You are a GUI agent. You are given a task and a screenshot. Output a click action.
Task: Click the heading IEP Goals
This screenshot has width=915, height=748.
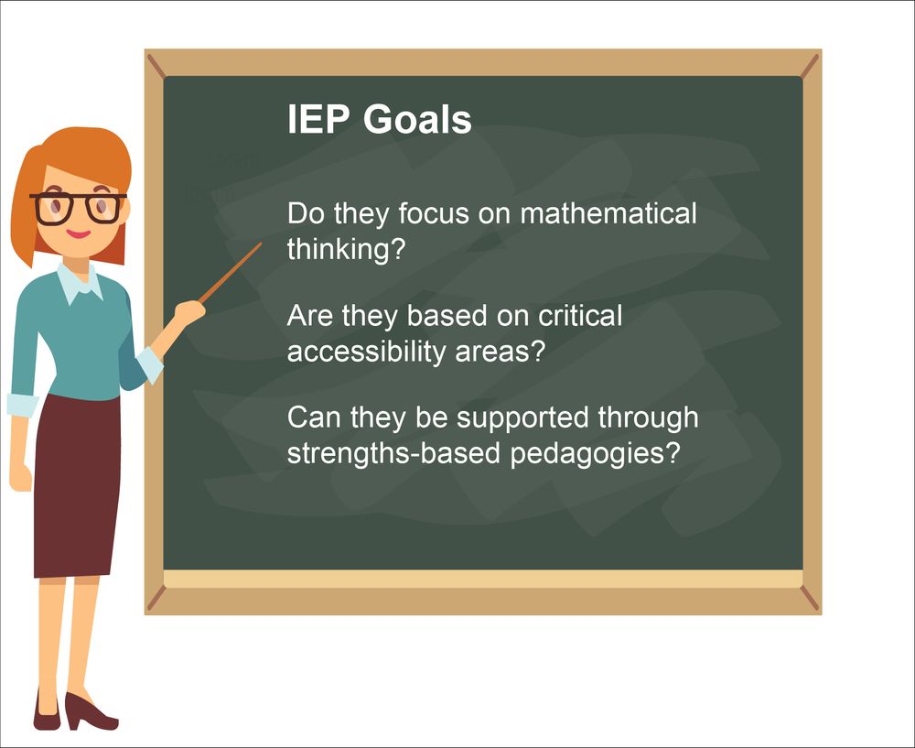tap(379, 120)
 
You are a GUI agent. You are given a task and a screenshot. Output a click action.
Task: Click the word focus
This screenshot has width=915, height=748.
tap(430, 214)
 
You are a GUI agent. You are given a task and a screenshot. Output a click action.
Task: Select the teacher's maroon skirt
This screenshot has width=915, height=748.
tap(78, 485)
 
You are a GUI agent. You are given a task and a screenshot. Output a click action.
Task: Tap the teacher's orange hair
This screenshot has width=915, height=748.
tap(82, 156)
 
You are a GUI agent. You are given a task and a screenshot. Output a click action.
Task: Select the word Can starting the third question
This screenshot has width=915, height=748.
tap(313, 417)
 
